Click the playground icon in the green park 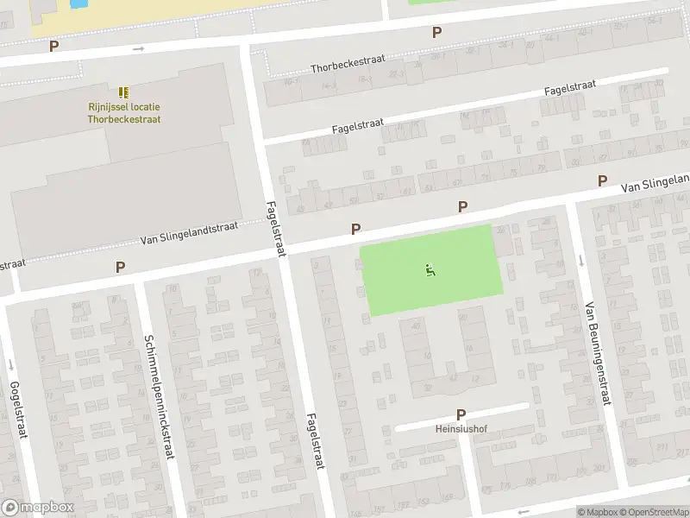(x=430, y=270)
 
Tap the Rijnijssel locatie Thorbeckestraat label (x=123, y=113)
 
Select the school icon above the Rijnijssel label (x=123, y=92)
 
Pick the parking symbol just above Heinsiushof (x=461, y=414)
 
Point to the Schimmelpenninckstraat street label (x=160, y=396)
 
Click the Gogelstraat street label (x=15, y=410)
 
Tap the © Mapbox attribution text (x=599, y=512)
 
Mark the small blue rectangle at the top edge (x=78, y=3)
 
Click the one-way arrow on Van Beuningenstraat (x=580, y=261)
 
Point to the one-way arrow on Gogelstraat (x=10, y=363)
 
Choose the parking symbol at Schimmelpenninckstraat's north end (x=120, y=268)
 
